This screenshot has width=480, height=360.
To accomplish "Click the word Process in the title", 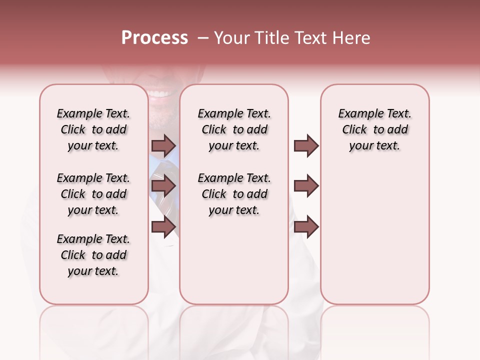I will pos(154,38).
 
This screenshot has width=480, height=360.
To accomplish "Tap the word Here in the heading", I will pos(352,38).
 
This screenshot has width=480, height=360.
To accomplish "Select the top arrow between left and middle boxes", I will pos(163,145).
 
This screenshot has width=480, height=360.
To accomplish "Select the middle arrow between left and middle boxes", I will pos(163,186).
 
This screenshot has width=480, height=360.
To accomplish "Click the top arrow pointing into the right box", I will pos(306,145).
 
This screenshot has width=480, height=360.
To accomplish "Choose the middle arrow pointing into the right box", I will pos(306,186).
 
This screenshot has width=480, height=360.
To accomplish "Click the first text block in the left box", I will pos(93,129).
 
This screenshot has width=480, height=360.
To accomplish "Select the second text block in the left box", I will pos(93,194).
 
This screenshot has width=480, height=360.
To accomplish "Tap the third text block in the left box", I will pos(93,255).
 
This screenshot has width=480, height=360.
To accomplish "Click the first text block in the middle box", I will pos(234,129).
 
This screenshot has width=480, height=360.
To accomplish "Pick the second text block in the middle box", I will pos(234,194).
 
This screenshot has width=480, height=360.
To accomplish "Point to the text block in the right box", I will pos(375,129).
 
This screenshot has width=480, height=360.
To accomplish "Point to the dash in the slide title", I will pos(202,38).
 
